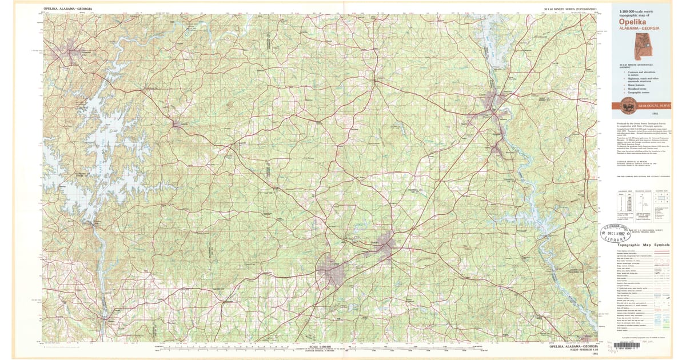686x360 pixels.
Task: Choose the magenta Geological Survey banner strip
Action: [643, 106]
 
